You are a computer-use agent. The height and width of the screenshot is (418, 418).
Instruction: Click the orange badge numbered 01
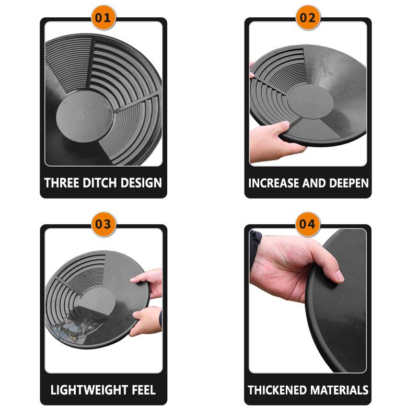click(x=103, y=18)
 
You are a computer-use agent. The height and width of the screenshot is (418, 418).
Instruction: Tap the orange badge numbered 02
click(x=308, y=18)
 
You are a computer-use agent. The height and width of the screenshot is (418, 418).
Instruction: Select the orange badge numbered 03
click(x=103, y=224)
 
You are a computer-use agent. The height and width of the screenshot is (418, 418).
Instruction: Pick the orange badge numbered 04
click(x=308, y=224)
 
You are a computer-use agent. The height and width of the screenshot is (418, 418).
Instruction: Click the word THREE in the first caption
click(x=62, y=183)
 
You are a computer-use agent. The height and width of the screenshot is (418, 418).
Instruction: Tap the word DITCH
click(x=100, y=183)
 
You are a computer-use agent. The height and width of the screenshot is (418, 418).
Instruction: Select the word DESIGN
click(x=141, y=183)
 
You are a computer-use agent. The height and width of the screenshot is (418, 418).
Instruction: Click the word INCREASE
click(x=273, y=183)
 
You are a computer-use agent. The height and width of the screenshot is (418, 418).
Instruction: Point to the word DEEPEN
click(x=349, y=183)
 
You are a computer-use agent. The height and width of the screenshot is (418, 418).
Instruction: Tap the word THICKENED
click(x=277, y=390)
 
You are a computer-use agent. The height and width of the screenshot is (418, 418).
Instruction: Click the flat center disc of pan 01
click(x=85, y=117)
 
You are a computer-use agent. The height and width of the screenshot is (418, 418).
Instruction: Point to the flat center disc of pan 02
click(x=310, y=101)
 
